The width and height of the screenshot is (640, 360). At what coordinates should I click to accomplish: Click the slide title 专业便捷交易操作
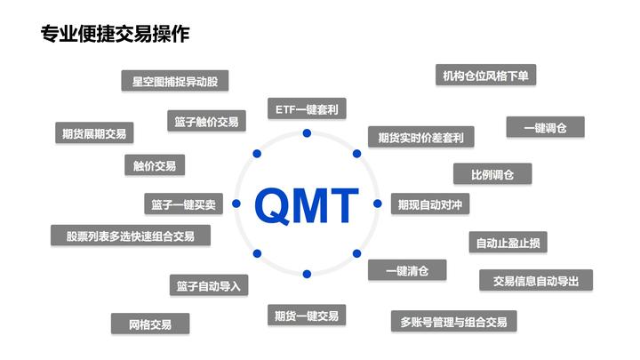tap(115, 35)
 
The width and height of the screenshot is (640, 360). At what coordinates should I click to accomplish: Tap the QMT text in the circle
tap(307, 205)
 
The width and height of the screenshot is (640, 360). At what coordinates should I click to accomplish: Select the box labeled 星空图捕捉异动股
tap(174, 81)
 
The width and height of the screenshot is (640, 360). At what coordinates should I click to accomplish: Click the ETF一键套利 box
tap(307, 108)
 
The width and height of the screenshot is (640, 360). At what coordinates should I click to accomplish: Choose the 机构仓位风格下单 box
tap(485, 76)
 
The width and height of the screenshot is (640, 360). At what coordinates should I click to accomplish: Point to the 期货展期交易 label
tap(93, 133)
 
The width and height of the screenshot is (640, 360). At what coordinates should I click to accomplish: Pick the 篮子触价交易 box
tap(206, 122)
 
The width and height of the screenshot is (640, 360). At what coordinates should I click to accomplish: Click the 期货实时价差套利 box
tap(420, 137)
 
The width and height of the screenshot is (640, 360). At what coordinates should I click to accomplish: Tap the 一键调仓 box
tap(546, 127)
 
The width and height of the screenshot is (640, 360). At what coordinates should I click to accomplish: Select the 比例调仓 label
tap(492, 174)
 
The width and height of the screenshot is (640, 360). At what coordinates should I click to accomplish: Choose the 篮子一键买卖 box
tap(183, 204)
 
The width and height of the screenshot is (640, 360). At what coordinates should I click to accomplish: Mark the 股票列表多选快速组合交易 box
tap(131, 236)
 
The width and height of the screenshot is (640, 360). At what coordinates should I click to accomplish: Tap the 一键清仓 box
tap(407, 270)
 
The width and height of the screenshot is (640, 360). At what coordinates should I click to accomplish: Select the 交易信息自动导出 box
tap(535, 280)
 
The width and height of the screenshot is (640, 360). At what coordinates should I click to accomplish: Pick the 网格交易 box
tap(150, 324)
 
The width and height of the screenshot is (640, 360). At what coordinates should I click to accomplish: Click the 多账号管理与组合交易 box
tap(453, 321)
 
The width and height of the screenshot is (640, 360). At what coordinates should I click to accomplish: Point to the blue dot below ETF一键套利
tap(307, 133)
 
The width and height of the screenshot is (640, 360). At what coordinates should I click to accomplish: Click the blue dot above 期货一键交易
tap(307, 274)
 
